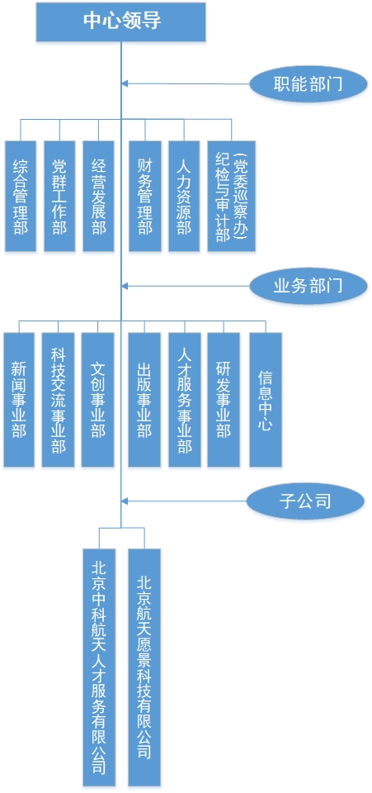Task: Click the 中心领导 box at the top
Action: coord(120,21)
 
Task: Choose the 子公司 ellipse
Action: coord(305,501)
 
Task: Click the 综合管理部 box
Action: coord(21,197)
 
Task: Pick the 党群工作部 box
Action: coord(59,197)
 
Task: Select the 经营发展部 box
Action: coord(98,197)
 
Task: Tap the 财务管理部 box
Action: coord(145,197)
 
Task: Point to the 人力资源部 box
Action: coord(184,197)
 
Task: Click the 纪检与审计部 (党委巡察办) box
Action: coord(231,197)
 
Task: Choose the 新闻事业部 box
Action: coord(19,400)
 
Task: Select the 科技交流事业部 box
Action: coord(58,400)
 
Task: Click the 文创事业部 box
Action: coord(97,400)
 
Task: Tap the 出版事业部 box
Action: coord(144,400)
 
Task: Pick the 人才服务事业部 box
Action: coord(184,400)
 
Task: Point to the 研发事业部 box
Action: coord(224,400)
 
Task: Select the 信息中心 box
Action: coord(266,400)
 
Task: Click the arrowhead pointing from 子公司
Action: coord(125,501)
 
